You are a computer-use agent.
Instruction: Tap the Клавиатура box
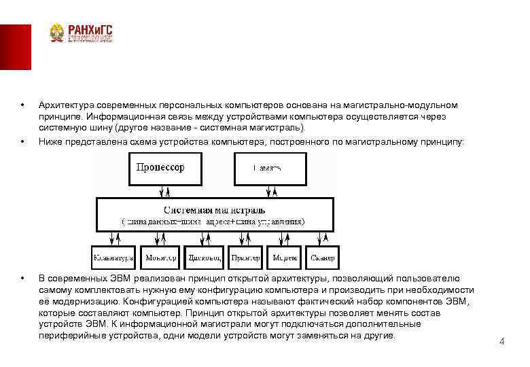113,258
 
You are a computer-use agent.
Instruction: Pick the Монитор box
160,258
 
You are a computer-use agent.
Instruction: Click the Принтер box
244,258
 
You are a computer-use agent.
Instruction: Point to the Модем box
285,258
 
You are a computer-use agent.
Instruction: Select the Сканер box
323,258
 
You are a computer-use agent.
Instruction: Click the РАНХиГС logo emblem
58,34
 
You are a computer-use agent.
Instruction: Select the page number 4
501,341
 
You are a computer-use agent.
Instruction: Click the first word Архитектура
66,105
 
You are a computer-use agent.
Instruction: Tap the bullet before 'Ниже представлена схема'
23,141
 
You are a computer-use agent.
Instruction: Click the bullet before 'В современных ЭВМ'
23,279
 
